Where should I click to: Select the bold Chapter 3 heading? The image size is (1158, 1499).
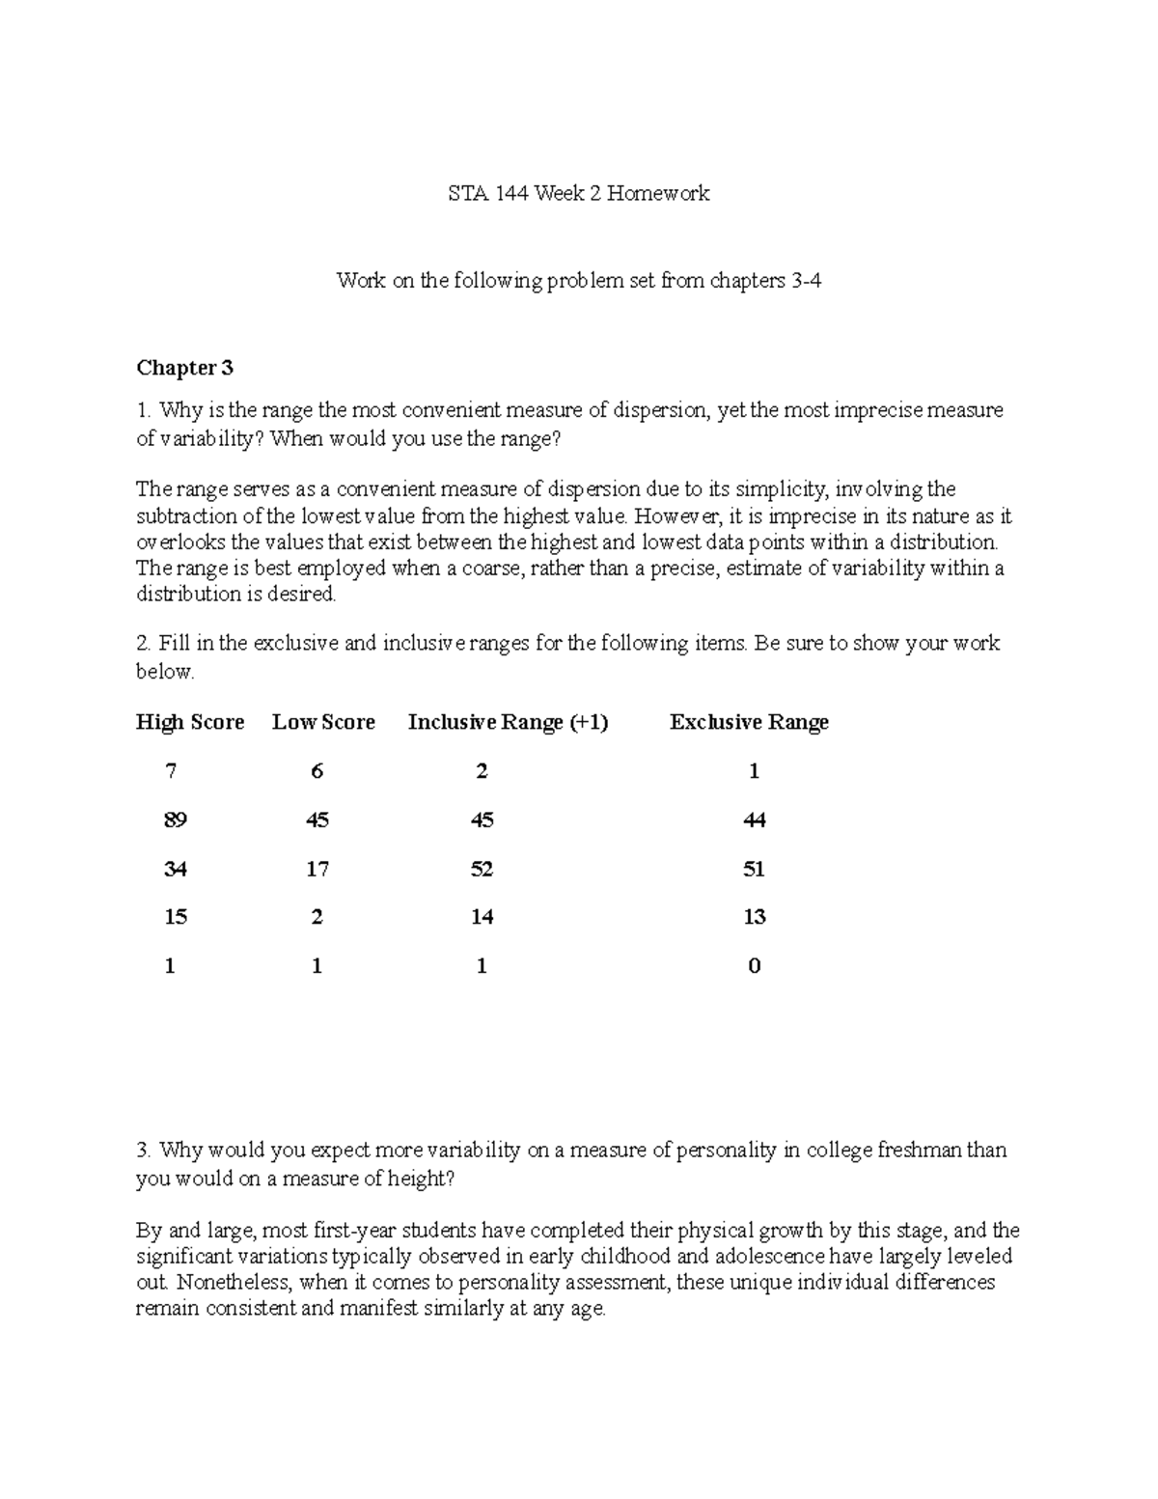184,368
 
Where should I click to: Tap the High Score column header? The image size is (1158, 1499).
190,722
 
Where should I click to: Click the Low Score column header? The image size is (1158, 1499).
323,722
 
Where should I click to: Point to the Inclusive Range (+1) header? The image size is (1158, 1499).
508,722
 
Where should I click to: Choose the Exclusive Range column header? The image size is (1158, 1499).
749,722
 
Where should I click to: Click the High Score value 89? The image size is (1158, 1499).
175,820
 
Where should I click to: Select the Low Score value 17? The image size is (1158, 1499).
317,870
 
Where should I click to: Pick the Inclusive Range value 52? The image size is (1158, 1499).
482,870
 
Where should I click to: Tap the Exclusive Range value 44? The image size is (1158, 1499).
754,820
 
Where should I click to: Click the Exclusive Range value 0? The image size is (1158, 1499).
754,966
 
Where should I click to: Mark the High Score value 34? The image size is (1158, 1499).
175,870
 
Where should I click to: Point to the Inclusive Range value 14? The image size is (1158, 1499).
482,917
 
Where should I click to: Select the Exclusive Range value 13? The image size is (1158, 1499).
754,917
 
